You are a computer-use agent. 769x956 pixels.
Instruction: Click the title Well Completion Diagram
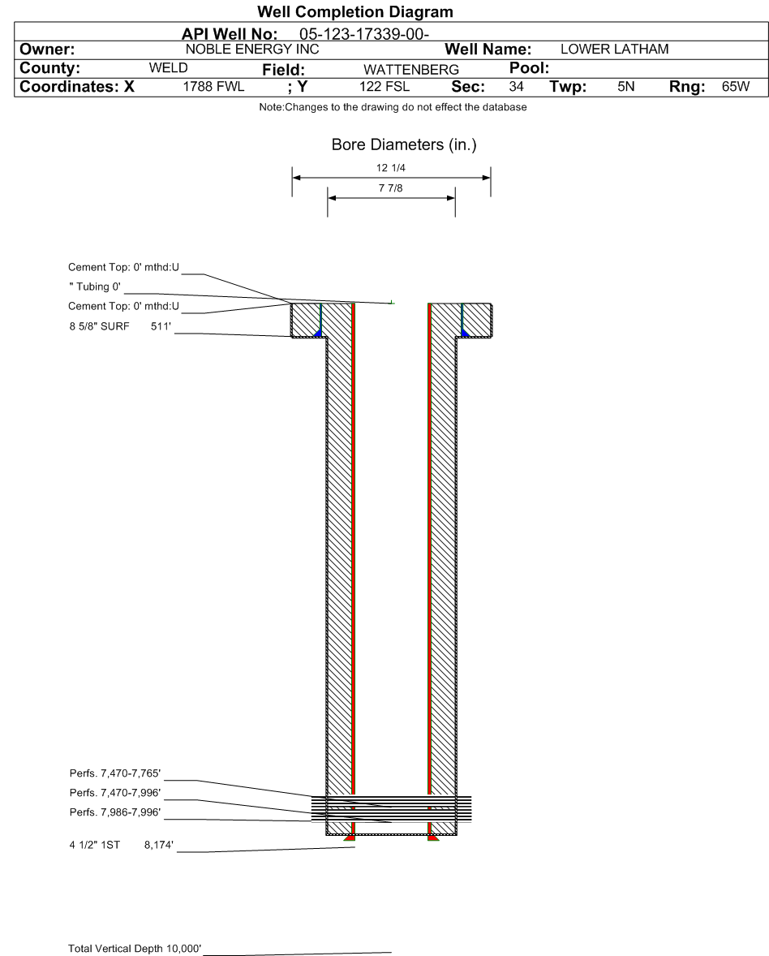(355, 11)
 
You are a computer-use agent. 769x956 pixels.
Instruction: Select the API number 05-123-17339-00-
(364, 34)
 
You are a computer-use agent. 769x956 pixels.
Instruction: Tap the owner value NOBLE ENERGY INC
(252, 50)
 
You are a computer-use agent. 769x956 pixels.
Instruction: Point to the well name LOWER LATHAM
(614, 50)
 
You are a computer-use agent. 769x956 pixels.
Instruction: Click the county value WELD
(168, 67)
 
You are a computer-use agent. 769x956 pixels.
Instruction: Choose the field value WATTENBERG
(411, 70)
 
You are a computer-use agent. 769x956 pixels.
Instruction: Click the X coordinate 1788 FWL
(213, 87)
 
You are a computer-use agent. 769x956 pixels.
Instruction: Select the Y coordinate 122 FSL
(384, 87)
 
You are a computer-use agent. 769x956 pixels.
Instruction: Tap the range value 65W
(736, 87)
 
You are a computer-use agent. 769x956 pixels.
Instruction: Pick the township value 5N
(625, 87)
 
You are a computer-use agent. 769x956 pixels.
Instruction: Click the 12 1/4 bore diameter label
(391, 168)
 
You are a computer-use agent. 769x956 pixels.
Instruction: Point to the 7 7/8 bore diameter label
(391, 188)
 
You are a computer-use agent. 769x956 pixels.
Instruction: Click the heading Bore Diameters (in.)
(404, 144)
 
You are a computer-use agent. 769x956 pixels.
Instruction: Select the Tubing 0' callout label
(95, 286)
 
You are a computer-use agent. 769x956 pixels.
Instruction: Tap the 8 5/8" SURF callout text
(99, 326)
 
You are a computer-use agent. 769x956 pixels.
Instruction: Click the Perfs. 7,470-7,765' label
(115, 773)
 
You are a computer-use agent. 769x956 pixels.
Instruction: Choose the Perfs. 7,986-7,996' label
(115, 812)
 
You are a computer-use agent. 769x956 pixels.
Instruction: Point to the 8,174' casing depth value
(159, 845)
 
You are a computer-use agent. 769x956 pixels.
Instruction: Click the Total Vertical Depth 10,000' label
(135, 948)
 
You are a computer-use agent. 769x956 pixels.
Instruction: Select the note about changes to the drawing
(393, 107)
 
